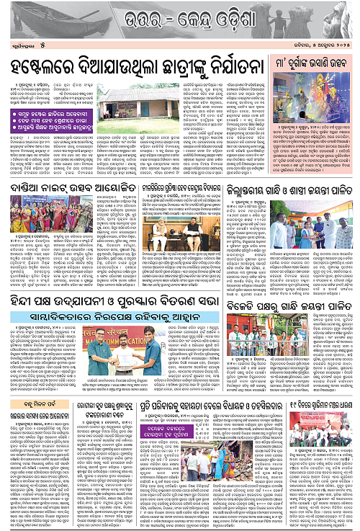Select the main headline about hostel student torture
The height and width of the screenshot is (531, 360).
point(132,68)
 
